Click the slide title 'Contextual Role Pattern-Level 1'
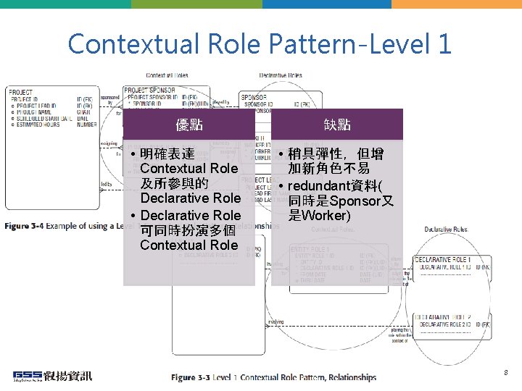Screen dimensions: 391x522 click(260, 43)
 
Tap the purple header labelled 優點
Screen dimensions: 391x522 click(189, 125)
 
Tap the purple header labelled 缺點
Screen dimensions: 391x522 click(337, 125)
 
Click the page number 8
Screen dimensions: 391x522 click(506, 372)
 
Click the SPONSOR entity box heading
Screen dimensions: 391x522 click(254, 96)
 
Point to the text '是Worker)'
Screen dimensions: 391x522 click(320, 216)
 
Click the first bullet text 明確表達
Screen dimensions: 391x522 click(167, 154)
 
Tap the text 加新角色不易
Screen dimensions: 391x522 click(328, 169)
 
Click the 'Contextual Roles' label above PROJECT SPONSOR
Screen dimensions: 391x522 click(167, 75)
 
